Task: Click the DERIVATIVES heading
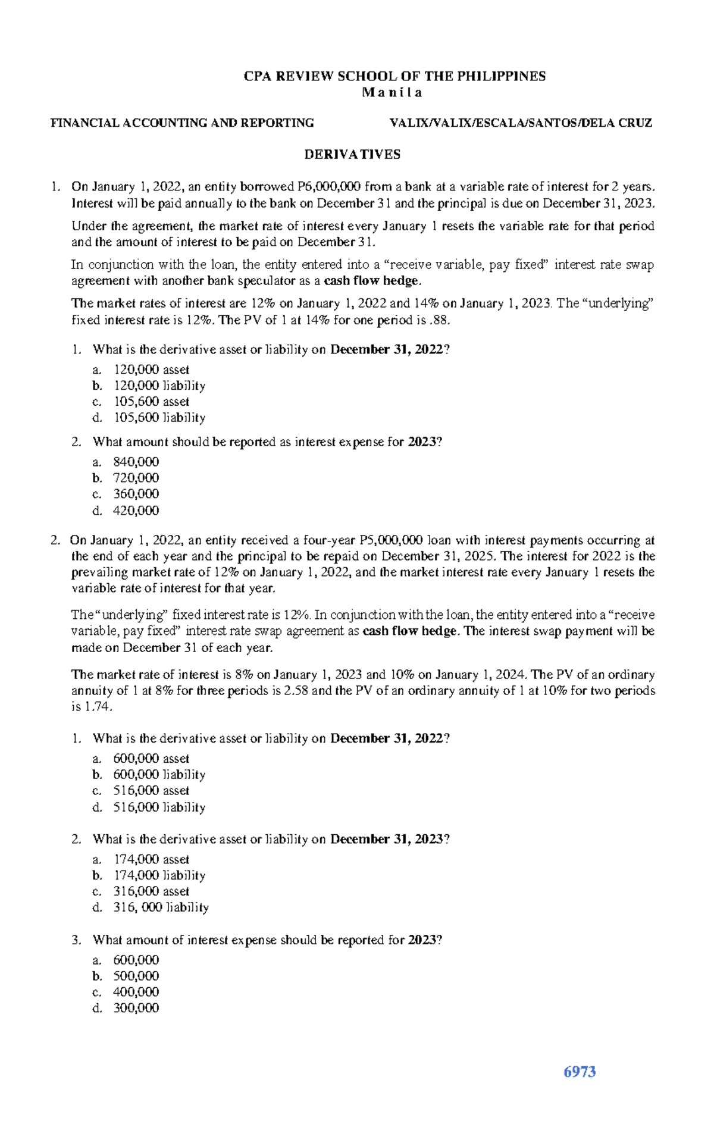pos(352,155)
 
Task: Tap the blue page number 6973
pos(580,1072)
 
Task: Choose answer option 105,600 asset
pos(151,402)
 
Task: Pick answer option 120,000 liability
pos(159,386)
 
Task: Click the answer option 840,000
pos(136,462)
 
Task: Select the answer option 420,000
pos(136,511)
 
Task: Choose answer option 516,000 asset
pos(151,791)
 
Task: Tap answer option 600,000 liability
pos(159,775)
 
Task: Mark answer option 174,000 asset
pos(151,859)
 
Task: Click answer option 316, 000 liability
pos(161,907)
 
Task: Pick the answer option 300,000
pos(136,1008)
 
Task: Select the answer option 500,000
pos(136,976)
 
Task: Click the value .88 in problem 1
pos(439,320)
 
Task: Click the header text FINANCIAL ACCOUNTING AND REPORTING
pos(182,123)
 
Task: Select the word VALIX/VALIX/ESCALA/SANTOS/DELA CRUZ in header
pos(521,123)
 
